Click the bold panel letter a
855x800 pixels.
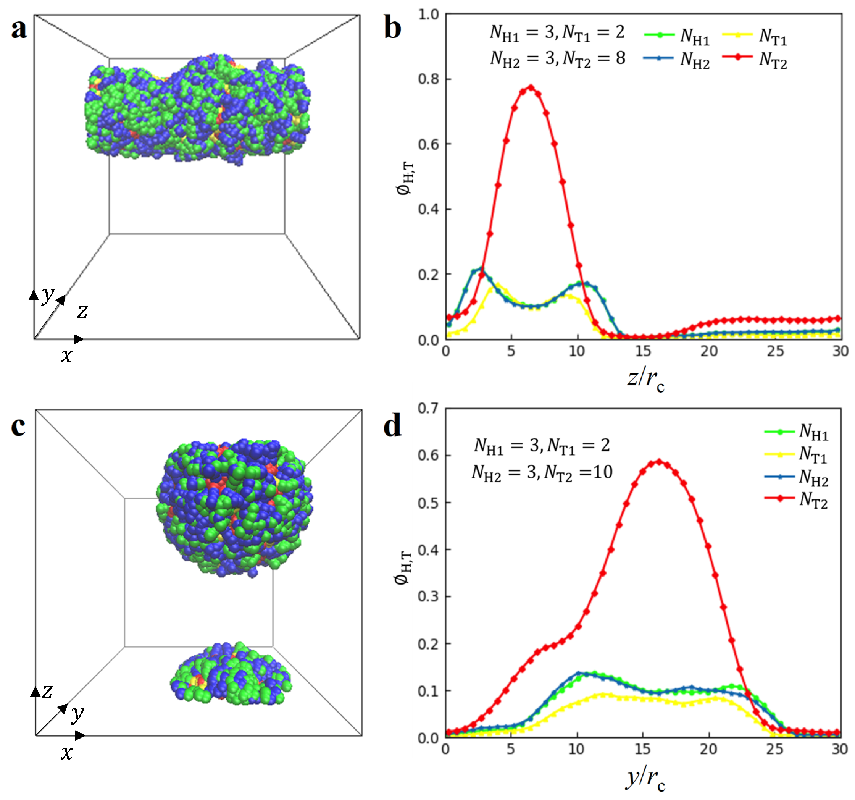[19, 29]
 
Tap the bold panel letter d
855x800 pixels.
[392, 426]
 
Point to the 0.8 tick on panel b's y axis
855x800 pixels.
[428, 79]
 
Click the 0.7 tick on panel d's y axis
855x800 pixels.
[428, 408]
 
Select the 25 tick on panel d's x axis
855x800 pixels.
[774, 749]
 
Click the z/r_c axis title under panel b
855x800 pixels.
[645, 379]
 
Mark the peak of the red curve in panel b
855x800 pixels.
[531, 87]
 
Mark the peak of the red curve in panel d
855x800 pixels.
[658, 462]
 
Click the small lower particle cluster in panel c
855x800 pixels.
[231, 674]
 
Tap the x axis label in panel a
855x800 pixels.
[66, 356]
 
